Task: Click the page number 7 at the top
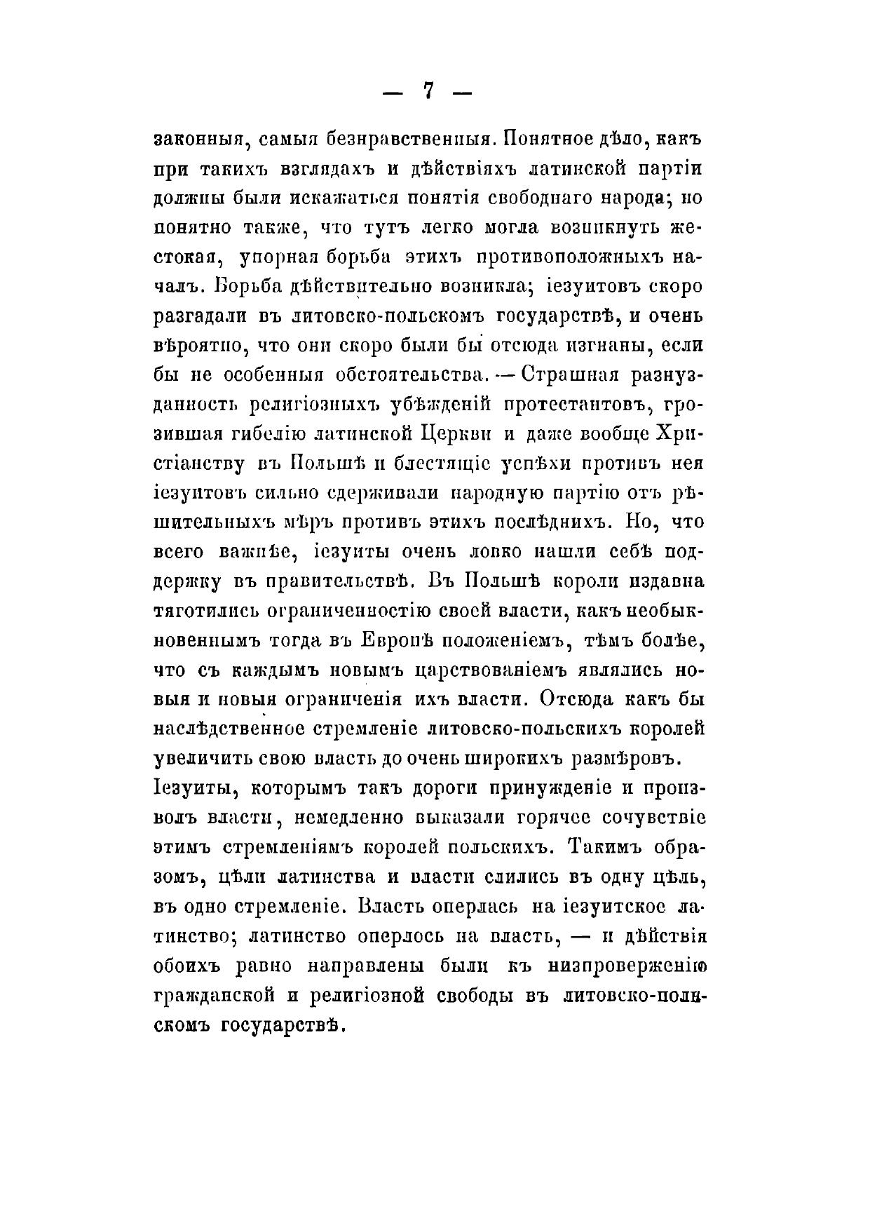pos(429,91)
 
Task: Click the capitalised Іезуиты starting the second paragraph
pos(189,789)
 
